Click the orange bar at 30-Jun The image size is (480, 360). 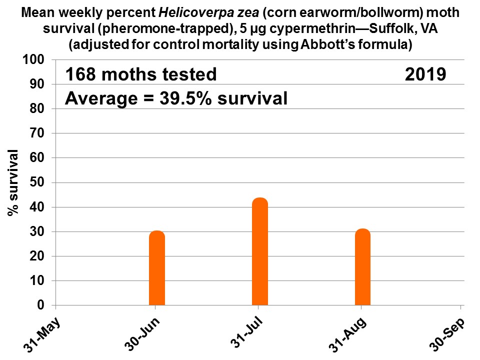pyautogui.click(x=157, y=268)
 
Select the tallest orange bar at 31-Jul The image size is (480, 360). pyautogui.click(x=260, y=251)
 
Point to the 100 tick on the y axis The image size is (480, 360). pyautogui.click(x=38, y=60)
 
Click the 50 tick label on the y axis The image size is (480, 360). pyautogui.click(x=40, y=182)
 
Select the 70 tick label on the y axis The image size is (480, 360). pyautogui.click(x=40, y=133)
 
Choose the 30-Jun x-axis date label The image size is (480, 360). pyautogui.click(x=143, y=334)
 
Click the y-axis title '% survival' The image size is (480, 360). pyautogui.click(x=13, y=182)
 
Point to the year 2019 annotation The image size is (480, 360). pyautogui.click(x=425, y=74)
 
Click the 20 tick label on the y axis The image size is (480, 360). pyautogui.click(x=40, y=256)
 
